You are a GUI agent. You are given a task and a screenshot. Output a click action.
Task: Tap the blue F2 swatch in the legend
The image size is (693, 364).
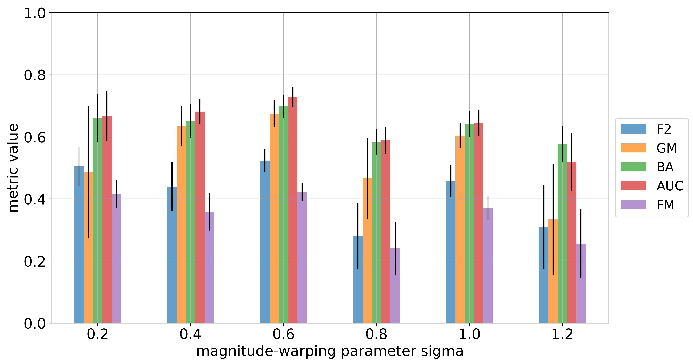633,129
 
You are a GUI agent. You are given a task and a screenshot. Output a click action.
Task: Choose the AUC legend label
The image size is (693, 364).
670,186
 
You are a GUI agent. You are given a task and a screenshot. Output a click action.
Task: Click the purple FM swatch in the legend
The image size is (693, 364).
633,205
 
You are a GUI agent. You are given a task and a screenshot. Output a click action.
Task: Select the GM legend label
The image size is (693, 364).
666,148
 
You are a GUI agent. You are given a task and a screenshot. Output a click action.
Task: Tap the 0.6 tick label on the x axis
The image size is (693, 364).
283,334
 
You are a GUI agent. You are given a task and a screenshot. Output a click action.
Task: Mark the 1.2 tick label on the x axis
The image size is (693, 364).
562,334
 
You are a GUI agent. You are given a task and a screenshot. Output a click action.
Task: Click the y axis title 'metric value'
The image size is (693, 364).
13,168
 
